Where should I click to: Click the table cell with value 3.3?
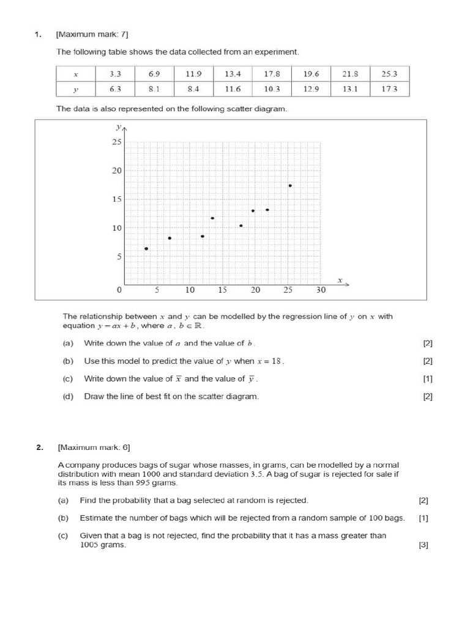[115, 73]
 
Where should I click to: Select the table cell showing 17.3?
[389, 89]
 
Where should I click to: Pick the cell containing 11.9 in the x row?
[193, 73]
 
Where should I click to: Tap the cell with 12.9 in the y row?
[311, 89]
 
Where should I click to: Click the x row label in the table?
[76, 73]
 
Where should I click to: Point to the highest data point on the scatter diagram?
[290, 185]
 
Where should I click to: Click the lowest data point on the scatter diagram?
[146, 249]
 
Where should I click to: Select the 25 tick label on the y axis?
[116, 142]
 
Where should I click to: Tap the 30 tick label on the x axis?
[321, 290]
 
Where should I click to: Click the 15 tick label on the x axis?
[222, 290]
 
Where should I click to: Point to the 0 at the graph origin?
[120, 290]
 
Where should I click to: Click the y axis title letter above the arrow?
[118, 127]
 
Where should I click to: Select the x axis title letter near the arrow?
[340, 279]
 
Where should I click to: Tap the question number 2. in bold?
[39, 447]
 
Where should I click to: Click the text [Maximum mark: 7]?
[92, 34]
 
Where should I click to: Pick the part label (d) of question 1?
[68, 396]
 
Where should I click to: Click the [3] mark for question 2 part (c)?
[423, 546]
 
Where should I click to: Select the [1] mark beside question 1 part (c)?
[428, 378]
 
